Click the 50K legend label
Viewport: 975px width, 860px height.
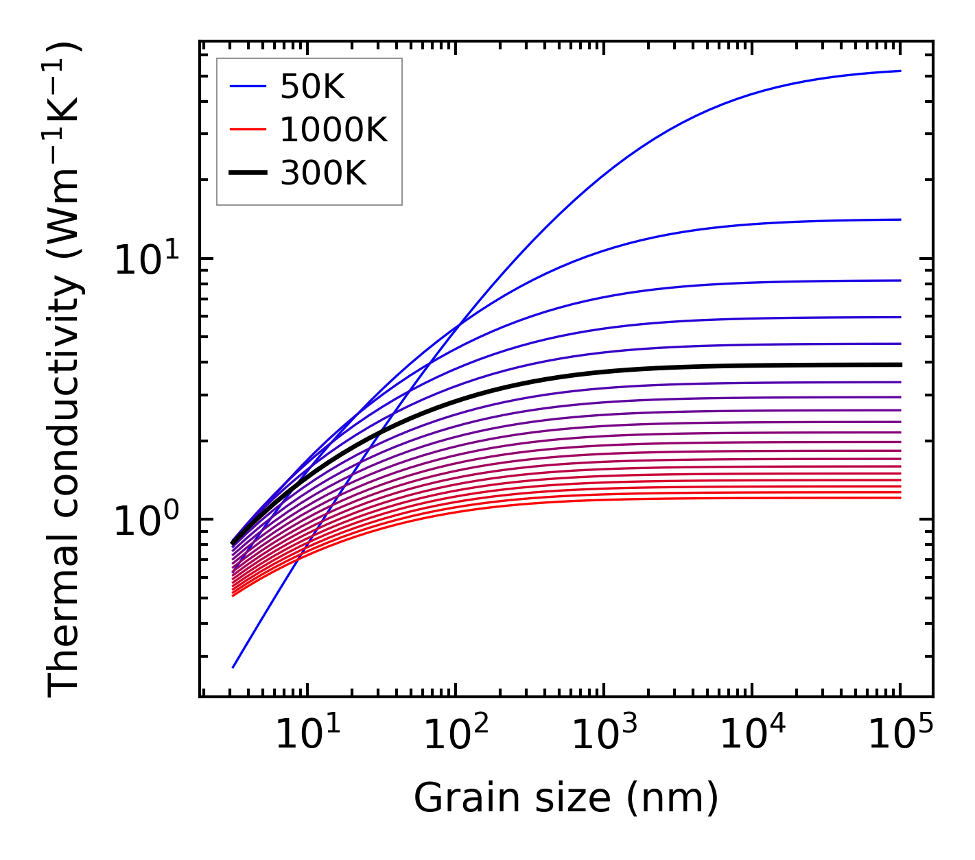(312, 86)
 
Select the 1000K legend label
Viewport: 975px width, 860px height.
(333, 130)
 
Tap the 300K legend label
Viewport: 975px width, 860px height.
(323, 174)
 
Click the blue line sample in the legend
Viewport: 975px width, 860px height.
(247, 86)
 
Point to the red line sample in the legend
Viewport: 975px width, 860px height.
(247, 130)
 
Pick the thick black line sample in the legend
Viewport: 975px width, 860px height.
(247, 174)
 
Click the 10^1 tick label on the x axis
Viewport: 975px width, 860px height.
(307, 736)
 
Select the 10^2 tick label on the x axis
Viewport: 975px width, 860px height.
(456, 736)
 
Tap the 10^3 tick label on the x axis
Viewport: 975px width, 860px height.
(604, 736)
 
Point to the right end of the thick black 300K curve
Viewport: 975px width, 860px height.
(900, 365)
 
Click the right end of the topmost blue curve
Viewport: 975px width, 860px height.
(900, 71)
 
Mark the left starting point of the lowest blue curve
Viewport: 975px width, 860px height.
(233, 667)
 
